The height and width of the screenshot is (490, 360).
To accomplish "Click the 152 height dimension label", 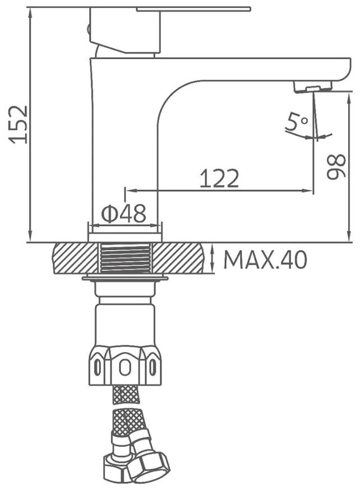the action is point(19,124).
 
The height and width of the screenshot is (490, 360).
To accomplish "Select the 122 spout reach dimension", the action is point(219,178).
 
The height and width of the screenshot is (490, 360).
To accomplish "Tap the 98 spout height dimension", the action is point(336,166).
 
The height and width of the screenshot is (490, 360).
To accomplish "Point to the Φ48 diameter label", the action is point(124,214).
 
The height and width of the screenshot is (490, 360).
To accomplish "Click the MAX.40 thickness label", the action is point(265,260).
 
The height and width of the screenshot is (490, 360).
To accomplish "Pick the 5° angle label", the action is point(297,122).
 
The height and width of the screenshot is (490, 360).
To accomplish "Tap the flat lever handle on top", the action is point(194,9).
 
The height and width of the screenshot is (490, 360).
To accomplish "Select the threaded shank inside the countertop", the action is point(125,258).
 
